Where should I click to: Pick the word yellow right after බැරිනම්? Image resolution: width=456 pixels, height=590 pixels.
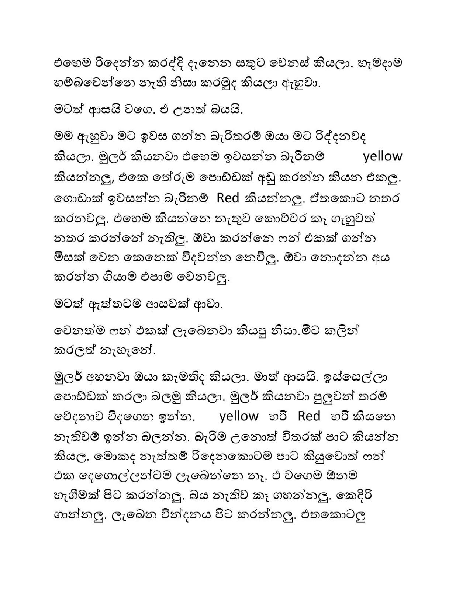[382, 156]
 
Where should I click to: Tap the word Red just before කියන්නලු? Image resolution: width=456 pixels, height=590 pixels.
[228, 198]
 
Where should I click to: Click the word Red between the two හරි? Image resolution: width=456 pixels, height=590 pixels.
[309, 417]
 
